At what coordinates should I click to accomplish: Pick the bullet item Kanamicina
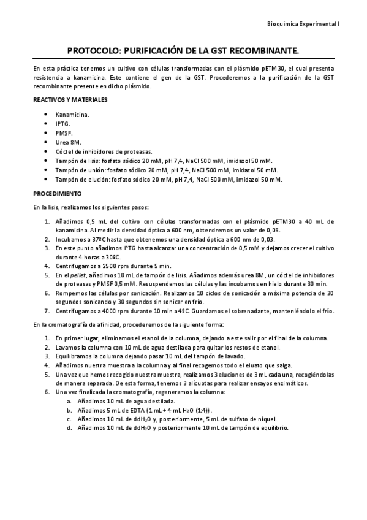pos(72,114)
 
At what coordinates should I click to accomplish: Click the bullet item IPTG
pos(62,123)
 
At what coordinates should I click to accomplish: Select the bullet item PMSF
pos(63,132)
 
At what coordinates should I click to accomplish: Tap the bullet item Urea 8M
pos(68,142)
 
